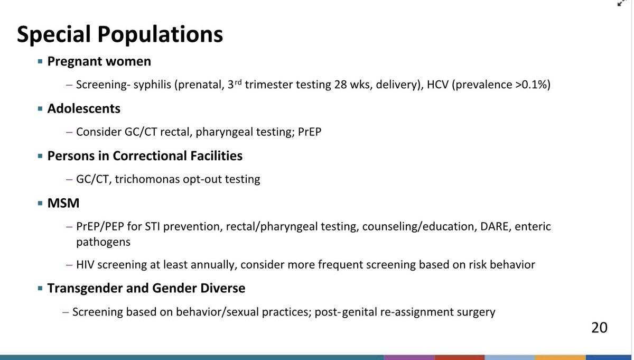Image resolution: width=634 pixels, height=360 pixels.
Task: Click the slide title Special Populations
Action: pos(120,34)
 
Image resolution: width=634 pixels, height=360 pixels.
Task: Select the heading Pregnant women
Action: pos(99,61)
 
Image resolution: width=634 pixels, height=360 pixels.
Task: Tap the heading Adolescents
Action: pos(83,109)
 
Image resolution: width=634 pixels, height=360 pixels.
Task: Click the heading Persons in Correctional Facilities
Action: pos(145,156)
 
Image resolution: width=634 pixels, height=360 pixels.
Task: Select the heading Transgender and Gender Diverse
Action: pos(146,289)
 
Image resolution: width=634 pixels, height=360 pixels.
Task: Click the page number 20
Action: pos(599,327)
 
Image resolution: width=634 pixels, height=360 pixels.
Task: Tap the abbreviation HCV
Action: pos(434,85)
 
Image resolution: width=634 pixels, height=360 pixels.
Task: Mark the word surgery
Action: pos(475,312)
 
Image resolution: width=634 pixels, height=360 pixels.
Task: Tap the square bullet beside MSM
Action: pos(40,204)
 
